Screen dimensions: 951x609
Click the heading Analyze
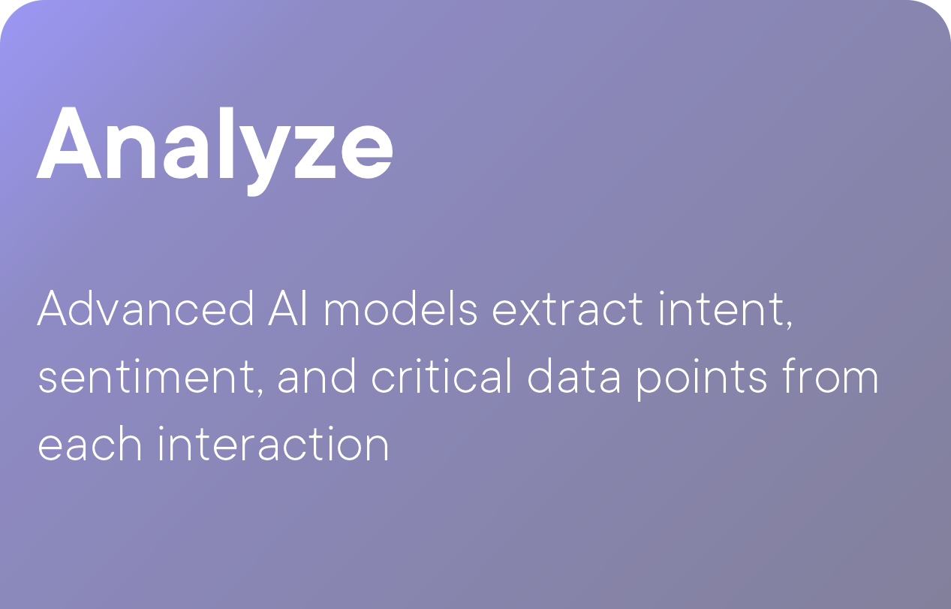pyautogui.click(x=215, y=150)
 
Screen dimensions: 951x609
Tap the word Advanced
pyautogui.click(x=146, y=309)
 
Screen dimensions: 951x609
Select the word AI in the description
pyautogui.click(x=287, y=309)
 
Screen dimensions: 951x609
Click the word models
pyautogui.click(x=401, y=309)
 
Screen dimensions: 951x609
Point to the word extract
pyautogui.click(x=567, y=309)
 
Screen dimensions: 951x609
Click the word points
pyautogui.click(x=701, y=379)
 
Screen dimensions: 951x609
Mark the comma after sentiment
pyautogui.click(x=260, y=391)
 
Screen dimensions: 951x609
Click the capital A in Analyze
pyautogui.click(x=69, y=143)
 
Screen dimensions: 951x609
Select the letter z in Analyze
pyautogui.click(x=314, y=151)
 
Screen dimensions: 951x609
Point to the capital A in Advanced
pyautogui.click(x=52, y=309)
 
